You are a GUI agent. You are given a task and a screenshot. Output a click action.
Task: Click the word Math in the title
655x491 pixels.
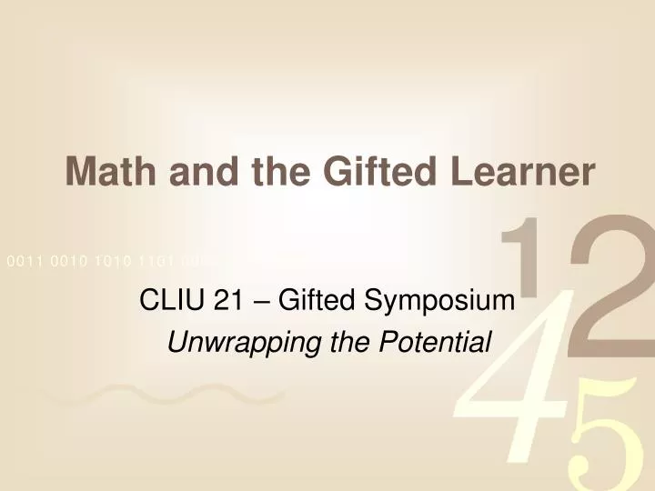(x=108, y=171)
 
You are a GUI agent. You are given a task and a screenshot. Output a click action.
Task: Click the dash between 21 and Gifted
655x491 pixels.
(x=260, y=301)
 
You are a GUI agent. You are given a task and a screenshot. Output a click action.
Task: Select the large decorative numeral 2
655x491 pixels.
(x=605, y=282)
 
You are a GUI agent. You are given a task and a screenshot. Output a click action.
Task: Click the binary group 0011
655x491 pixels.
(x=25, y=261)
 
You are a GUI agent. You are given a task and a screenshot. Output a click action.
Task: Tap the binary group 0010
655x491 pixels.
(x=69, y=261)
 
